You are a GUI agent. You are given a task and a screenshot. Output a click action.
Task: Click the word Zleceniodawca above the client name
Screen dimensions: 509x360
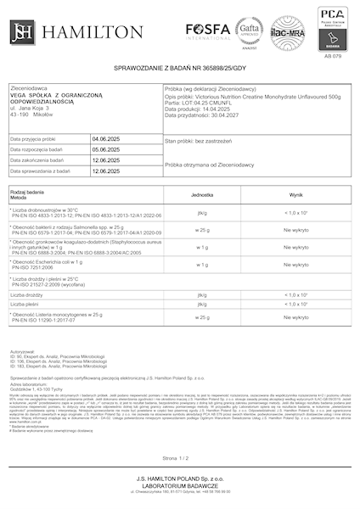(28, 87)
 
